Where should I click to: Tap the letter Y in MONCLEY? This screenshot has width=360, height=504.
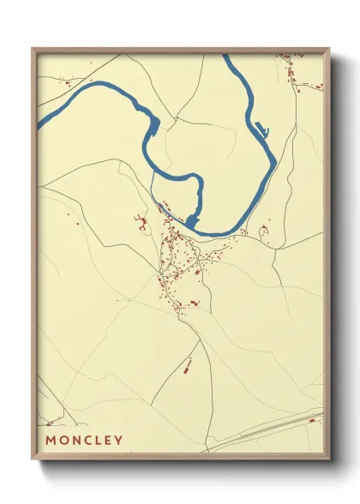(x=118, y=441)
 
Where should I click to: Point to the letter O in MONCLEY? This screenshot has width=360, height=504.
(x=63, y=441)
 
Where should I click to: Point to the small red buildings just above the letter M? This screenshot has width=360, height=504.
(x=50, y=423)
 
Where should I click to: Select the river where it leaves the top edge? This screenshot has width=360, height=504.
(x=227, y=58)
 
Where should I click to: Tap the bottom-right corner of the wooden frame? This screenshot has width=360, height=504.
(x=328, y=459)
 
